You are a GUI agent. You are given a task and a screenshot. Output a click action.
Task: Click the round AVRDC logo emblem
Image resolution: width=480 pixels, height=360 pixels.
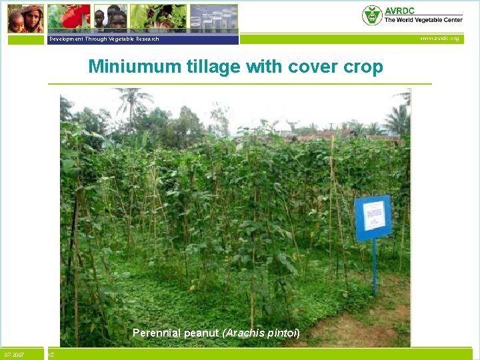[x=371, y=15]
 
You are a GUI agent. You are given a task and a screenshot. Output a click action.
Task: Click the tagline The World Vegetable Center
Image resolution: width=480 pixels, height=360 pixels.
[x=423, y=20]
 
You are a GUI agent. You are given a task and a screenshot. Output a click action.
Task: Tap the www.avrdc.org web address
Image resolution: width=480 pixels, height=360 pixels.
[x=439, y=39]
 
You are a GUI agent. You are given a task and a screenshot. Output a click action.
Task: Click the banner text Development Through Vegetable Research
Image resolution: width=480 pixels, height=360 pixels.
[x=104, y=39]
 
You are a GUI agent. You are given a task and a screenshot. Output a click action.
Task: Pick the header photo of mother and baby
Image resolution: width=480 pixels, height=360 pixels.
[x=26, y=18]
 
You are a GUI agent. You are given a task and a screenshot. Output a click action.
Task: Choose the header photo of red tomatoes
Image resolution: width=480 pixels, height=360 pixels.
[x=70, y=18]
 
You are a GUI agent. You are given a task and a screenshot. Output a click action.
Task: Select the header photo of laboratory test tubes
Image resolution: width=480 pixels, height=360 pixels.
[x=213, y=18]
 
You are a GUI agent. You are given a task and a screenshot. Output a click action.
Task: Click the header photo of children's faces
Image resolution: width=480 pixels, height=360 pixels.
[x=109, y=18]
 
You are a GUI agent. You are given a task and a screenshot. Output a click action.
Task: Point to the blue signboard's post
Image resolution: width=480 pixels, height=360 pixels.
[x=374, y=267]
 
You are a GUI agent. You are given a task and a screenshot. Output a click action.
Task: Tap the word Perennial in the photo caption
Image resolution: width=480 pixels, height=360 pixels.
[x=157, y=332]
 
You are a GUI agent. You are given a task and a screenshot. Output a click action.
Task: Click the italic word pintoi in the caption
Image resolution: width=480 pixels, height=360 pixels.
[x=283, y=332]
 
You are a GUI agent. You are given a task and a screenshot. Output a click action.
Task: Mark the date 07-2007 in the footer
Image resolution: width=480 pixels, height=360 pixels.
[x=14, y=355]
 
